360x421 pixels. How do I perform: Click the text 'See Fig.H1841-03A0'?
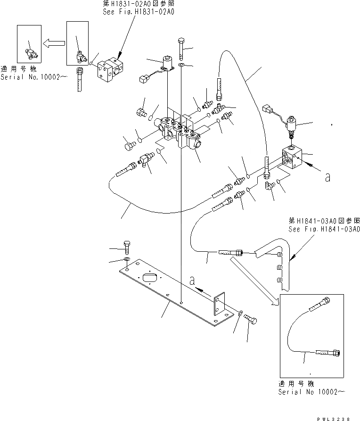[324, 230]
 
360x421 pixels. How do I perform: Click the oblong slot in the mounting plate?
[149, 279]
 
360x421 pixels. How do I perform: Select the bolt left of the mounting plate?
[127, 247]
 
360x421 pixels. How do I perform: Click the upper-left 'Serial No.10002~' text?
[31, 76]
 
